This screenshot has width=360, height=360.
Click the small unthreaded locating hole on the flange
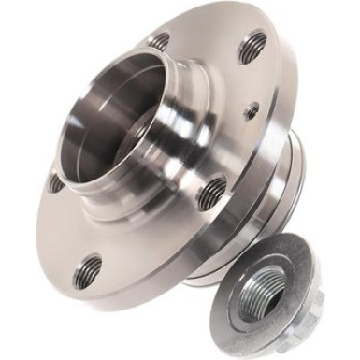point(251,110)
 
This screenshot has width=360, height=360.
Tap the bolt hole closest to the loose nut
point(212,192)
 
